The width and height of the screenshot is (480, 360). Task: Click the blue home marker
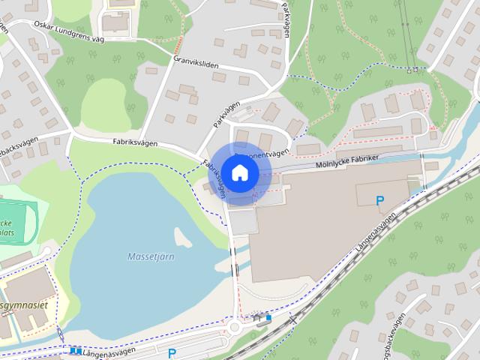click(238, 172)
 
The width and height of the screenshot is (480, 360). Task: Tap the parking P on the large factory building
click(380, 200)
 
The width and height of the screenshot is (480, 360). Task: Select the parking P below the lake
click(172, 352)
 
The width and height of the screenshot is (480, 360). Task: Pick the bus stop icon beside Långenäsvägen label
click(75, 350)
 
